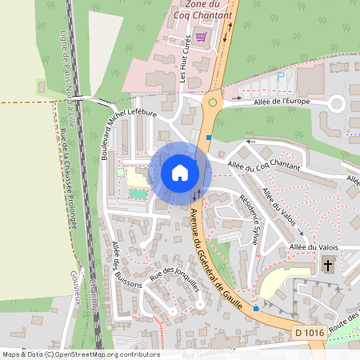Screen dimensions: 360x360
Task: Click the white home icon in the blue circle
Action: (179, 172)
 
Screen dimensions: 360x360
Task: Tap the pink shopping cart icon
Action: (200, 37)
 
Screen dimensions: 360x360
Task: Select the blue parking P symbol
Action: (281, 76)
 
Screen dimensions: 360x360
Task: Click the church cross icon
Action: (327, 265)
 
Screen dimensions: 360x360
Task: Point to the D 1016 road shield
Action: (310, 331)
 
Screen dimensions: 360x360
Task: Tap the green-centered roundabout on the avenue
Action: (213, 102)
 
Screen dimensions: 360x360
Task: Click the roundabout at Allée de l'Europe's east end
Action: (337, 102)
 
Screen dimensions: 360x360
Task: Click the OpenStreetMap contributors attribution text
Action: (80, 354)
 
